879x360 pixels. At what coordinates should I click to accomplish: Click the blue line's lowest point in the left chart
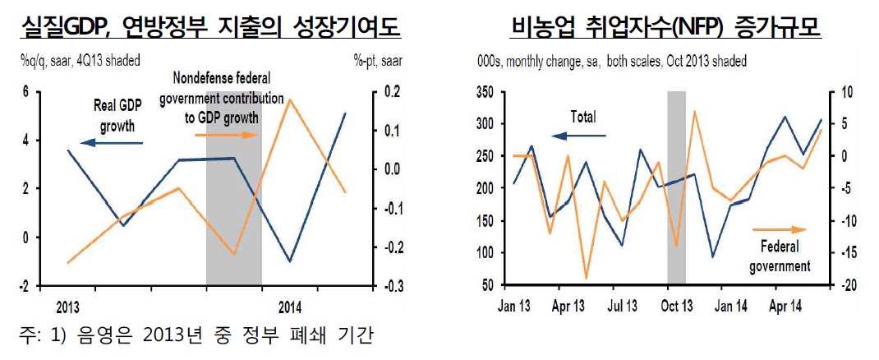pos(290,262)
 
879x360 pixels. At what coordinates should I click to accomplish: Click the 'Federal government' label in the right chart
pos(780,256)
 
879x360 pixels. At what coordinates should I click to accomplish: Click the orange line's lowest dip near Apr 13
pos(586,279)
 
